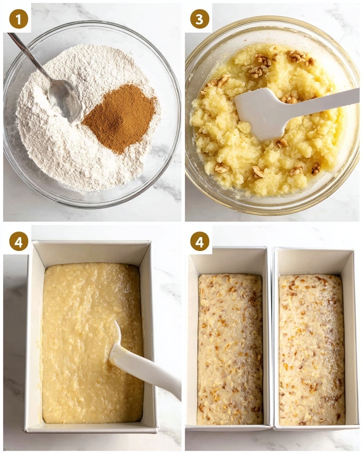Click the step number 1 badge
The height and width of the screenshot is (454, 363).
(19, 19)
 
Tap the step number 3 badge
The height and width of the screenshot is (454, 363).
(200, 19)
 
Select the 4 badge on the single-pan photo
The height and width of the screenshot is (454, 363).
(19, 241)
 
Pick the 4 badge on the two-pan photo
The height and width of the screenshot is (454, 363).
(200, 241)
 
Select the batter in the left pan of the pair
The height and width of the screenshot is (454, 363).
(230, 348)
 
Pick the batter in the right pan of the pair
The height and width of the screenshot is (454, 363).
(312, 348)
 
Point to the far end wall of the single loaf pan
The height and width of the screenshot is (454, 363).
(91, 252)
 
